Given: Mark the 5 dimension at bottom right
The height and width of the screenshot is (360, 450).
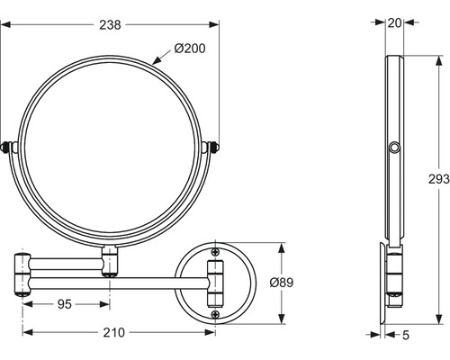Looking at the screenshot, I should click(405, 335).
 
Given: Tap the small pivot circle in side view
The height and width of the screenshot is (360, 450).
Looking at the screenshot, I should click(392, 147).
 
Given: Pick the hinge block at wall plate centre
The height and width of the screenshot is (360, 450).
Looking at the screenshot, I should click(215, 283).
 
